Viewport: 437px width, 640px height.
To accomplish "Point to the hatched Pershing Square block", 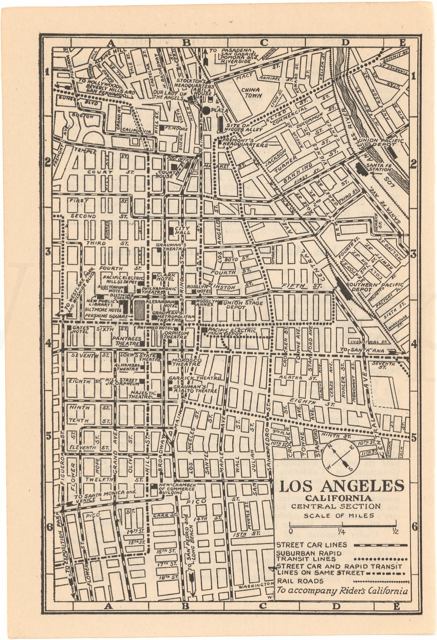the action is tap(139, 310).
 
